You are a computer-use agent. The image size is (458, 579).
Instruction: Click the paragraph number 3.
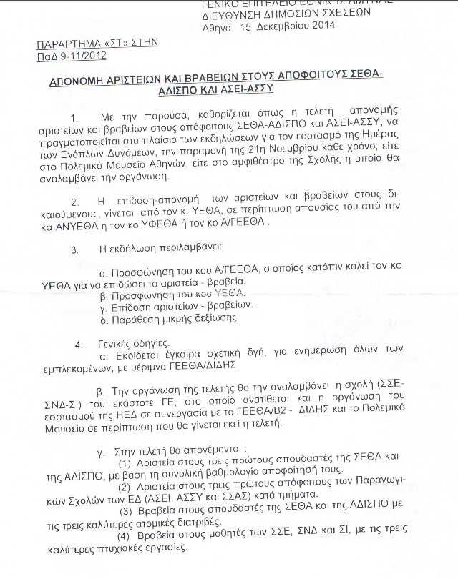click(x=74, y=249)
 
